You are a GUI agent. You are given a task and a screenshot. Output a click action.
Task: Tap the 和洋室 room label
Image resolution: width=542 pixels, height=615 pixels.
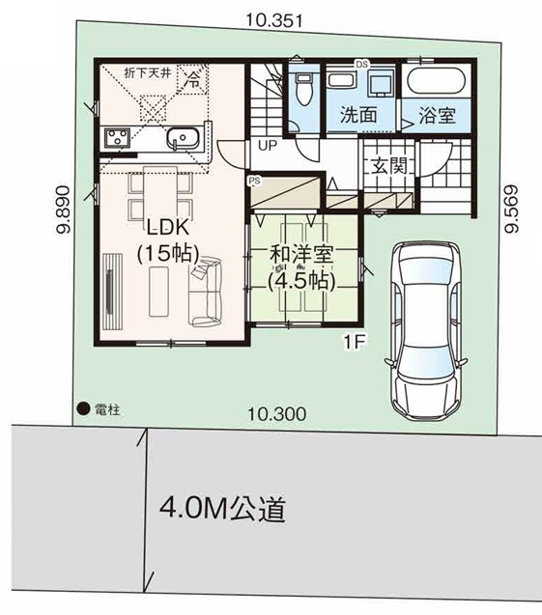click(301, 255)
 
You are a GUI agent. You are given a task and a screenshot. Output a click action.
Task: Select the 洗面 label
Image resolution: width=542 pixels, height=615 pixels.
click(358, 115)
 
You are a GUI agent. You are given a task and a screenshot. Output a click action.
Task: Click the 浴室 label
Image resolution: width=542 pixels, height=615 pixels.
click(437, 115)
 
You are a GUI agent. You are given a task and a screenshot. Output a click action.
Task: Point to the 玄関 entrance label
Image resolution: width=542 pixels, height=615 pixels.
click(389, 165)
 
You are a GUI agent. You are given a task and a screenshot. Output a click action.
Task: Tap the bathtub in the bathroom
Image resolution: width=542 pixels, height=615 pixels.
click(437, 81)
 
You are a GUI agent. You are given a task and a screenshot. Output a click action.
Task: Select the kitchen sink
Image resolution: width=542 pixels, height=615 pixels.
click(183, 138)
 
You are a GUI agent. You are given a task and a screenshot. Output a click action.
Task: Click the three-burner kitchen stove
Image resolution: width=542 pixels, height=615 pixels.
click(117, 138)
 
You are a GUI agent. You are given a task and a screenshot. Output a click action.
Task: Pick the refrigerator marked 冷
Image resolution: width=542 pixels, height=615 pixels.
click(192, 79)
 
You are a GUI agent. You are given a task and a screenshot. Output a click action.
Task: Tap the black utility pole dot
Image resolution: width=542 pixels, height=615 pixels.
click(83, 409)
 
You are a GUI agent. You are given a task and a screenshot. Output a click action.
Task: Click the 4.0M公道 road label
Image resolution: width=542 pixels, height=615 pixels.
click(222, 509)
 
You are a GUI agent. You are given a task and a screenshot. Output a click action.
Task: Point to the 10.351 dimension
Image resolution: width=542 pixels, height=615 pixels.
click(274, 20)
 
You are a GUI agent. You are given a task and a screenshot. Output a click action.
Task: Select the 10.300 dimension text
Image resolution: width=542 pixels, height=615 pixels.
click(277, 414)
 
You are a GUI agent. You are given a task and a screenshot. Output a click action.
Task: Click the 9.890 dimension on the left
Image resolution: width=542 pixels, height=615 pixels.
click(63, 210)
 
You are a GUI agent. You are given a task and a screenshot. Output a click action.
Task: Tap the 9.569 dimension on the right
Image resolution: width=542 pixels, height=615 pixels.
click(511, 209)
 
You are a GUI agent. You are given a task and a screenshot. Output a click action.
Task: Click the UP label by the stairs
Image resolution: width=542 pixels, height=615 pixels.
click(268, 146)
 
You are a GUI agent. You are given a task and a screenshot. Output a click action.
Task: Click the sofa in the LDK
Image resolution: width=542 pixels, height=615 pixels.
click(205, 292)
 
